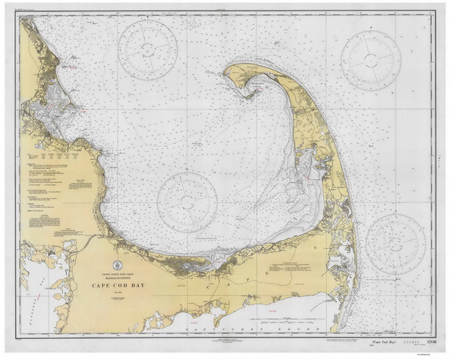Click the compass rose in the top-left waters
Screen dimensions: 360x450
click(x=148, y=51)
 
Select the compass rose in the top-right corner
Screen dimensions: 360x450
click(x=370, y=60)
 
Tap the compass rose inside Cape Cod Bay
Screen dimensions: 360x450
click(x=187, y=202)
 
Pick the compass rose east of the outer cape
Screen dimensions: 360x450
click(x=395, y=243)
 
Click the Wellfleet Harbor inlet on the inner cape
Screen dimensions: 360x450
click(x=304, y=161)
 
